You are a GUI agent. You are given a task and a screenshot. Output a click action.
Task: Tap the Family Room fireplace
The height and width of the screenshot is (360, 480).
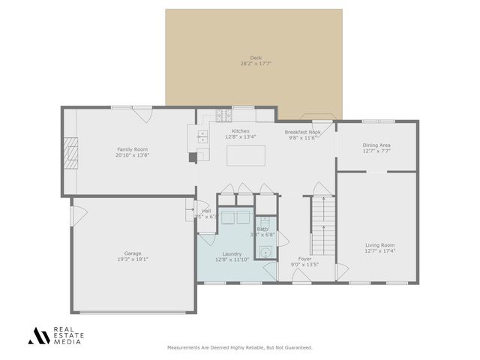tap(70, 153)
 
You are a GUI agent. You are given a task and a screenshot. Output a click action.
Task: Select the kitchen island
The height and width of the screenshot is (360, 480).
tap(247, 154)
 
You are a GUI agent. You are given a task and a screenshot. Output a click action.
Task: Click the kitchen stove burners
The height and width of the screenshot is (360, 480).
tap(223, 115)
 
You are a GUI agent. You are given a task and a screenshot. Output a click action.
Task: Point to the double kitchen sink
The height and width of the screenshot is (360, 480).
tap(202, 136)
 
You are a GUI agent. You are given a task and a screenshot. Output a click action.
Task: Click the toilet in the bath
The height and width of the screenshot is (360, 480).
tap(263, 252)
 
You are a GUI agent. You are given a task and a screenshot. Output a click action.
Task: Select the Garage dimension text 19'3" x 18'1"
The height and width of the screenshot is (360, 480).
tap(133, 259)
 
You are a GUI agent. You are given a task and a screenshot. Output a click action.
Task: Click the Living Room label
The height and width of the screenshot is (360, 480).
tap(379, 245)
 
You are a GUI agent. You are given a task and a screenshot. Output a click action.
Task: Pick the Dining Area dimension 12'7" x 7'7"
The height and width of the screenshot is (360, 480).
tap(376, 151)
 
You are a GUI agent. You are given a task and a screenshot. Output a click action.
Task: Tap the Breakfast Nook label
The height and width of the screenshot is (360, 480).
tap(303, 132)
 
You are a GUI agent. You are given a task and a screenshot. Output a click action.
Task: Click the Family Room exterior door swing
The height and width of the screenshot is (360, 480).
tap(142, 115)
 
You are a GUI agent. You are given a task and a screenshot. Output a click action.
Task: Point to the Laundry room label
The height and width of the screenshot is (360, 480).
tap(232, 253)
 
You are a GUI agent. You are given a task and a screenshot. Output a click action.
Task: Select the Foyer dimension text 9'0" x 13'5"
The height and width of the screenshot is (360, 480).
tap(305, 265)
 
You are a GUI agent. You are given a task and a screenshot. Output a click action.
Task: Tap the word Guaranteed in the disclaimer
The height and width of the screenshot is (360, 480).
tap(300, 348)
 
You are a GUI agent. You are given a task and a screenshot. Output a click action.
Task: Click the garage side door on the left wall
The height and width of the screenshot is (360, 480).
tap(74, 215)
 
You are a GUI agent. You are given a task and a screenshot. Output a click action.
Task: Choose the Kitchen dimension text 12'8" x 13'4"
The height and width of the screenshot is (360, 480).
tap(241, 137)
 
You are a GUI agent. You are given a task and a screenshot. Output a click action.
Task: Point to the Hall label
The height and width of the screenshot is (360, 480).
tap(206, 211)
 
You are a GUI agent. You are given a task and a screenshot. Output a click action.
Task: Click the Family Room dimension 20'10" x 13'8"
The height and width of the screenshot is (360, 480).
tap(133, 155)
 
